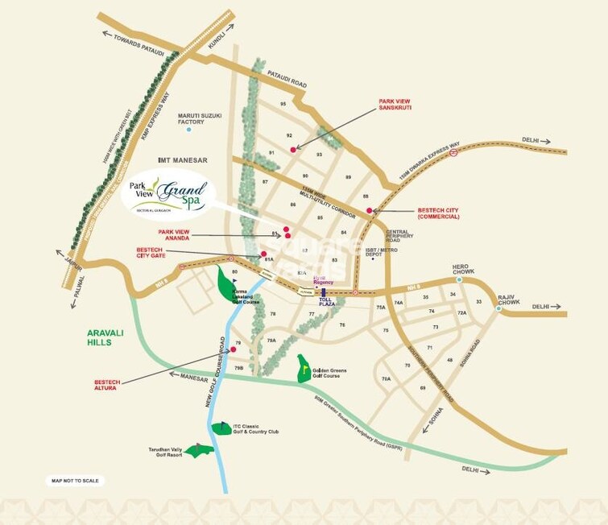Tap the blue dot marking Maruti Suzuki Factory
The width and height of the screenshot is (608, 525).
tap(189, 130)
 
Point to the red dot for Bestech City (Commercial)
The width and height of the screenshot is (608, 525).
tap(370, 211)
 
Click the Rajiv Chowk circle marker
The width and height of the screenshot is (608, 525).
tap(498, 308)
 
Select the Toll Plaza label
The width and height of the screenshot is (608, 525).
tap(326, 304)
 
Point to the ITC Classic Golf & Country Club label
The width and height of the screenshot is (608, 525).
tap(254, 429)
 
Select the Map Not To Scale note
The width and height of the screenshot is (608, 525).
tap(74, 481)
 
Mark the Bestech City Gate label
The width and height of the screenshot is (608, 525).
tap(152, 254)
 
